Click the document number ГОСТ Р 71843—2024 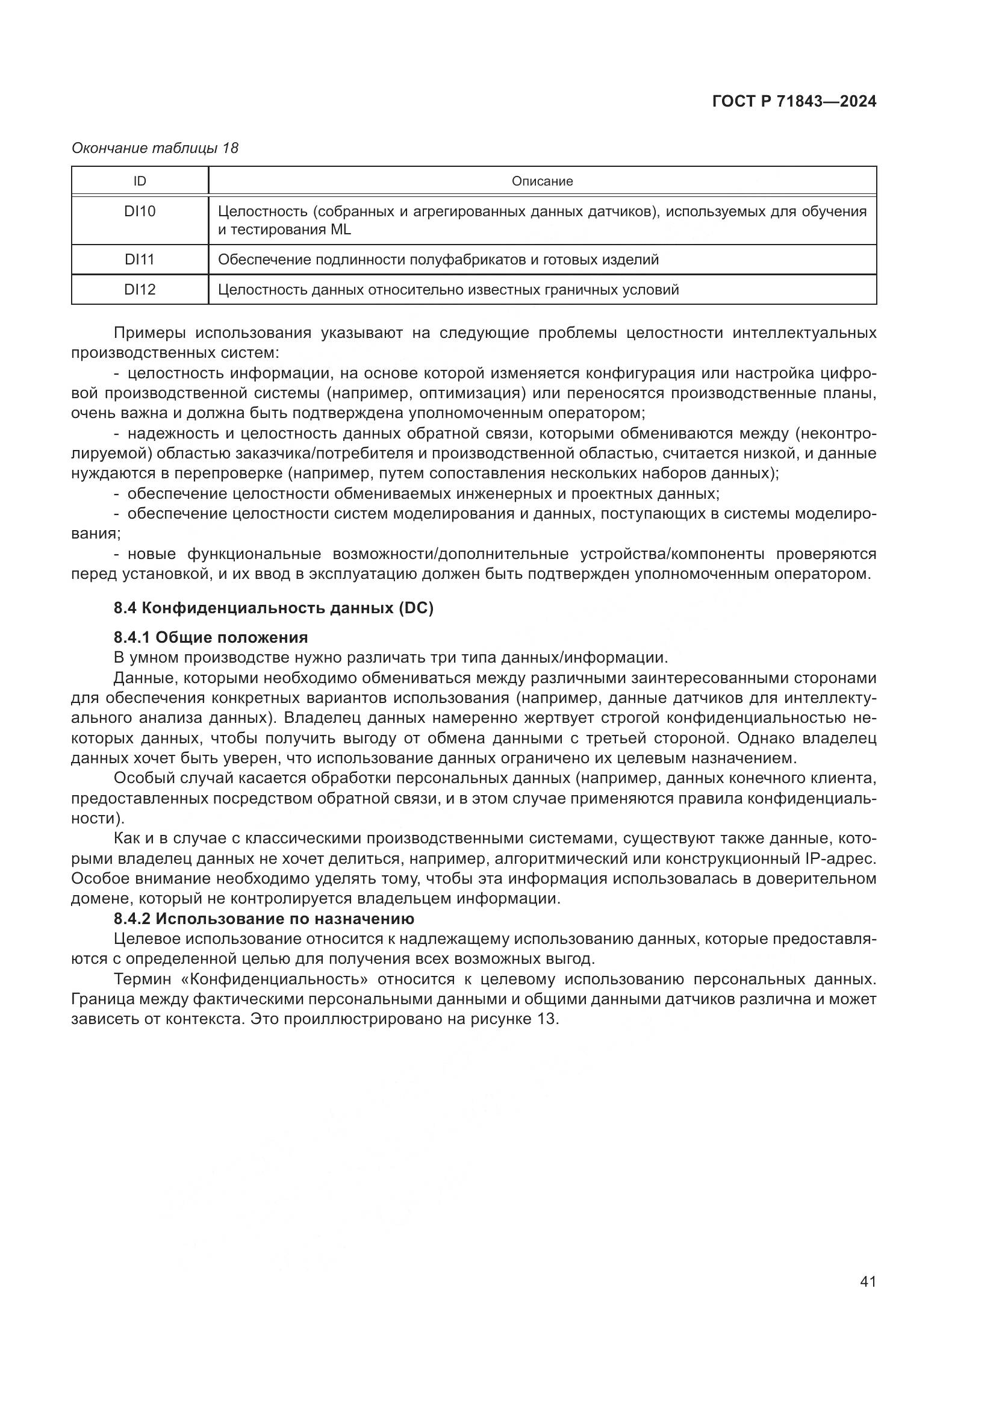coord(794,102)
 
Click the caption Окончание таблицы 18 coord(155,148)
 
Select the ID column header coord(140,181)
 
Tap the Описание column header coord(542,181)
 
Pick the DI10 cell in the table coord(140,211)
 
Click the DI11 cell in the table coord(140,260)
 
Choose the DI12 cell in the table coord(140,290)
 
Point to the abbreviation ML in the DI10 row coord(340,230)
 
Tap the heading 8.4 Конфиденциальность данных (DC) coord(273,608)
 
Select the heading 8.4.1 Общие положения coord(211,637)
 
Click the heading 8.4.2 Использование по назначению coord(264,919)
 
